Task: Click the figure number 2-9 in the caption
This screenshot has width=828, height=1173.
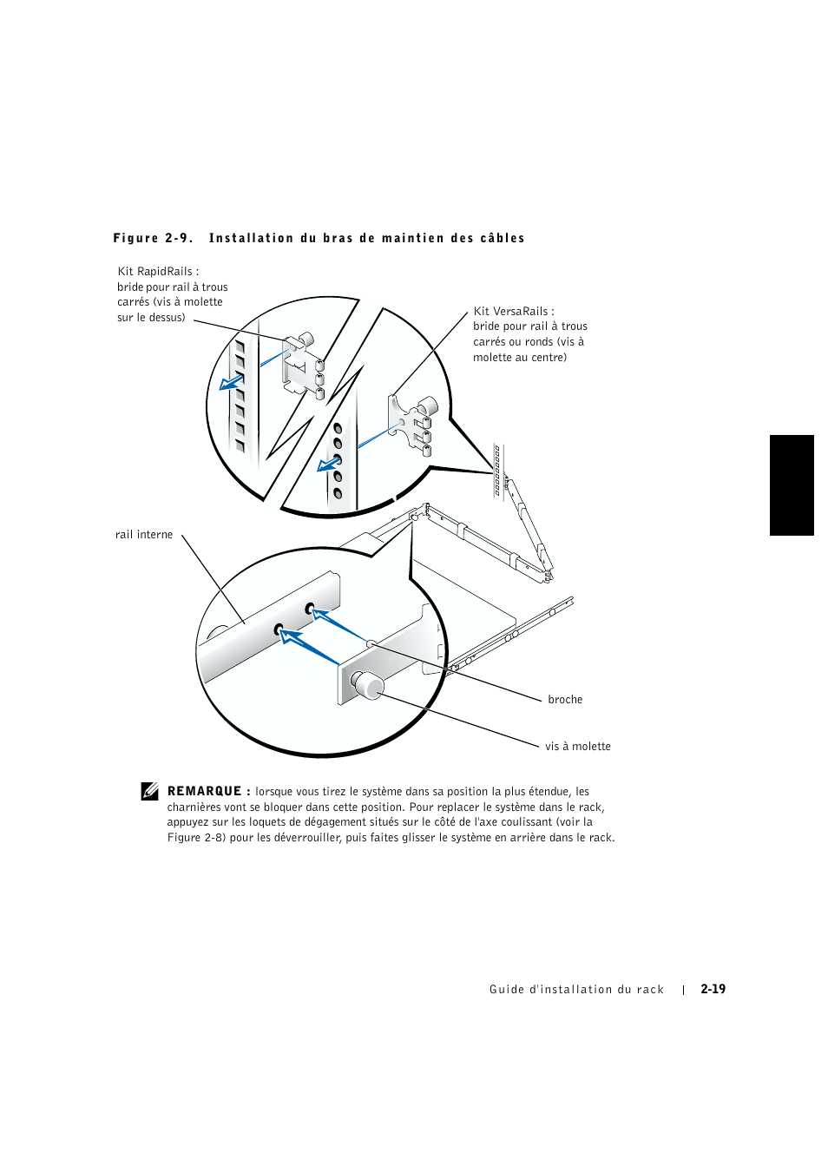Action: (179, 238)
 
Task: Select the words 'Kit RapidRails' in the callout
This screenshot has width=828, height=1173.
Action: (154, 272)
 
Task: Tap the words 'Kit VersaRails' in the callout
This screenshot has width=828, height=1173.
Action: (510, 312)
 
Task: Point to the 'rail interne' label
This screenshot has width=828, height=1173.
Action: (144, 535)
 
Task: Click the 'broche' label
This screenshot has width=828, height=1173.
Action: (565, 700)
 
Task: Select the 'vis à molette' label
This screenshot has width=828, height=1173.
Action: (578, 747)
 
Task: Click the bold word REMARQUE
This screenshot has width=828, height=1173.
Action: (204, 791)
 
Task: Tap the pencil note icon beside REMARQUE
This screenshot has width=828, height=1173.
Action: (150, 791)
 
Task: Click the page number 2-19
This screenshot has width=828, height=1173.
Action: (713, 989)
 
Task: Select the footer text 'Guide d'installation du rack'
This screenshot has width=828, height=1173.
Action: (576, 990)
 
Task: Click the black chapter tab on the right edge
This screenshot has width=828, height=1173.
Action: (792, 484)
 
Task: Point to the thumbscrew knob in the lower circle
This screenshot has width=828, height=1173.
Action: (369, 686)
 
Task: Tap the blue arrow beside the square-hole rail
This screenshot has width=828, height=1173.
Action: (231, 382)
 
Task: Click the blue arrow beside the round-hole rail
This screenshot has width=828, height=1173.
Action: (328, 465)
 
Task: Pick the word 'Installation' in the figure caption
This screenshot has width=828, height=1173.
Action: (251, 238)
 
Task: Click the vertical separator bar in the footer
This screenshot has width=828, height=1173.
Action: (684, 990)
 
